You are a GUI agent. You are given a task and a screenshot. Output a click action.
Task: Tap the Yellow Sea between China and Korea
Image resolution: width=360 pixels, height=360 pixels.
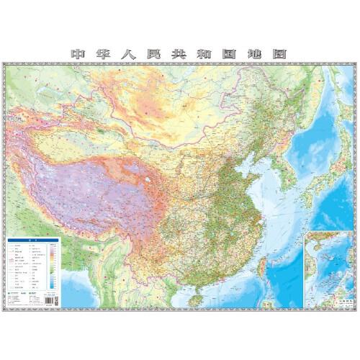[x=270, y=180]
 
